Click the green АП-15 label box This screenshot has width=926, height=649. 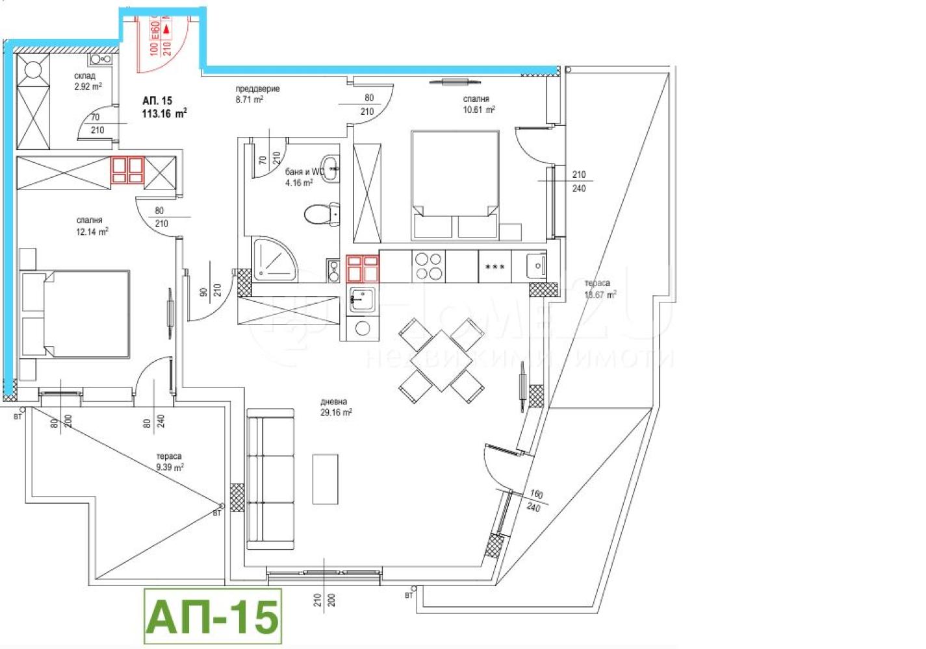pos(212,616)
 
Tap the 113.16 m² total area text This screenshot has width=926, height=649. pos(164,114)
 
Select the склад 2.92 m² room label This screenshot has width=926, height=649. pos(87,81)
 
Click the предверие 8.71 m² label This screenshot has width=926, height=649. pos(257,94)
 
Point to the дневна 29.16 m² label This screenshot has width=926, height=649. pos(336,407)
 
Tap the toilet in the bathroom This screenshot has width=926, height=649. pos(320,214)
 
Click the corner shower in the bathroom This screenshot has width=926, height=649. pos(272,260)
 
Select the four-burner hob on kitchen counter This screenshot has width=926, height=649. pos(428,266)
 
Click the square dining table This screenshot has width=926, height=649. pos(441,360)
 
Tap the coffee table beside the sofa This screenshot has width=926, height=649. pos(325,479)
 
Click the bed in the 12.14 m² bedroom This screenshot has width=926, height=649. pos(77,314)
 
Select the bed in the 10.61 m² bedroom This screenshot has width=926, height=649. pos(455,184)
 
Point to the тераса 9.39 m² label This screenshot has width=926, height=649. pos(169,461)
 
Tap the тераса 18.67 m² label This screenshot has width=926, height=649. pos(599,289)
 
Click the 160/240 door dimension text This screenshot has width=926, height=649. pos(535,500)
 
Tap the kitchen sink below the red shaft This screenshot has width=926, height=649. pos(362,299)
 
